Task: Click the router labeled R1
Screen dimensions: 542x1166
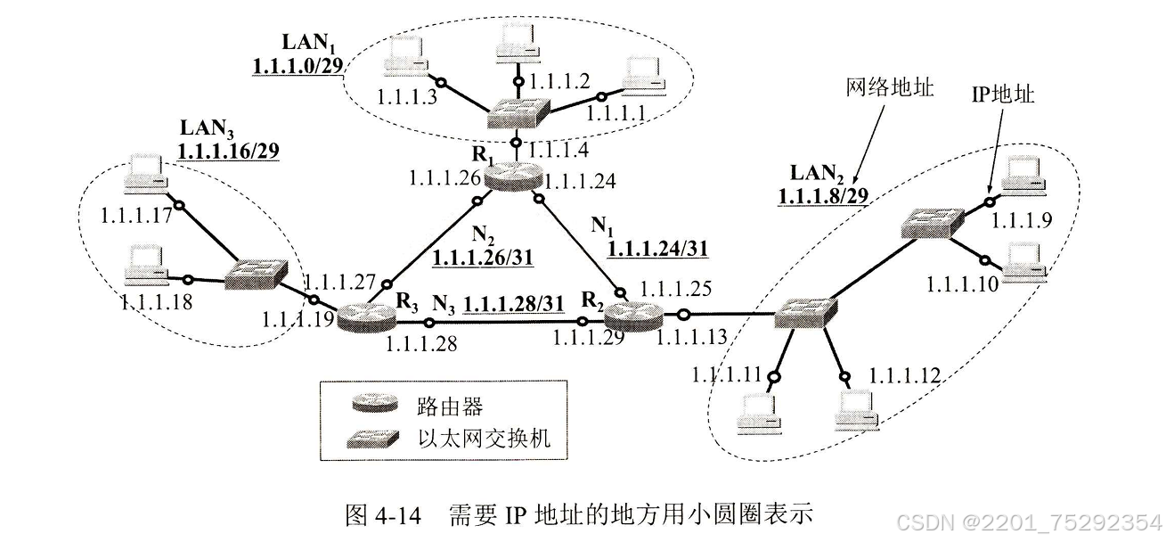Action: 515,176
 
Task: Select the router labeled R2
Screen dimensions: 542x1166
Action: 632,315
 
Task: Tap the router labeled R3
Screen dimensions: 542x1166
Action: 366,316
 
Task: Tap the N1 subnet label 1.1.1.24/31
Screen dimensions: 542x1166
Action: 657,250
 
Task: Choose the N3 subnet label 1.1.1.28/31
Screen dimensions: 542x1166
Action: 515,303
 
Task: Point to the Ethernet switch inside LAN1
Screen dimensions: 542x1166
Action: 518,113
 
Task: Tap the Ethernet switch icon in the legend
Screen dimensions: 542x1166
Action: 374,439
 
